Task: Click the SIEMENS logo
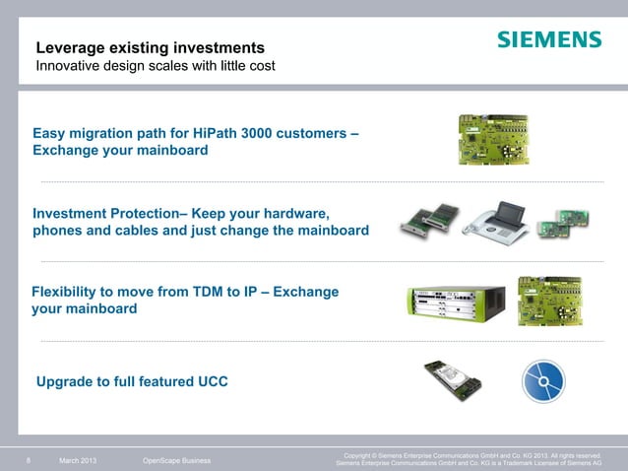click(x=548, y=40)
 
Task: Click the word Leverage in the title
click(x=71, y=47)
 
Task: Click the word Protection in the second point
click(x=145, y=214)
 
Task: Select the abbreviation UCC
click(x=209, y=380)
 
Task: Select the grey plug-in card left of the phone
click(x=428, y=222)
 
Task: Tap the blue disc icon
click(x=543, y=380)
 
